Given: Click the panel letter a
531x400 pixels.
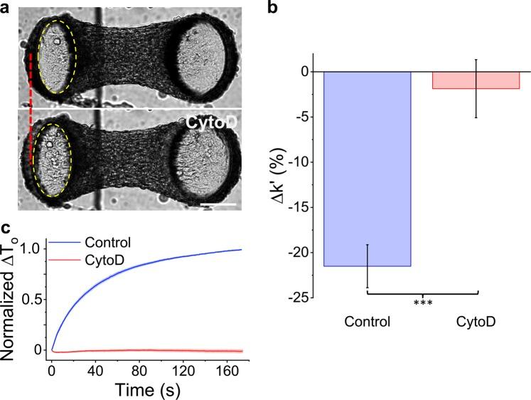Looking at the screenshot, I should pyautogui.click(x=6, y=8).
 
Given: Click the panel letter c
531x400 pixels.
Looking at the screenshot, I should pyautogui.click(x=6, y=228).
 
